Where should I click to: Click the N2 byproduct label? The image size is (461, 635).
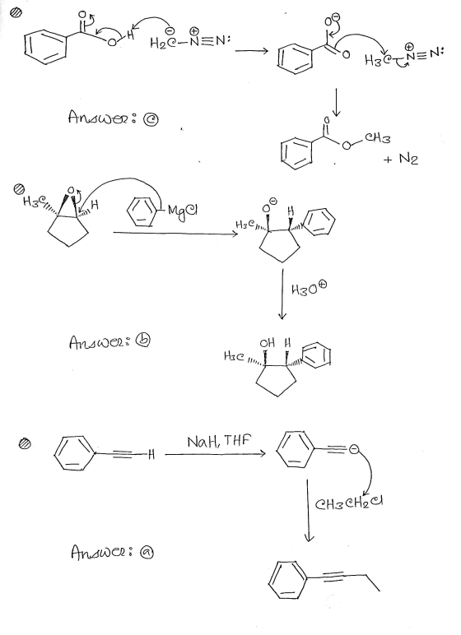(x=407, y=159)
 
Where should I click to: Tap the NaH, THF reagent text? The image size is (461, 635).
(x=219, y=441)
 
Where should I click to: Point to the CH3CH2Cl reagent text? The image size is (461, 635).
(x=349, y=503)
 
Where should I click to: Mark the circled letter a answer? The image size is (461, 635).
(x=147, y=553)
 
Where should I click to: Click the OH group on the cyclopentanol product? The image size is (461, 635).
(x=268, y=343)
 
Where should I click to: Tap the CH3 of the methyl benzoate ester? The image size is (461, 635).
(x=377, y=138)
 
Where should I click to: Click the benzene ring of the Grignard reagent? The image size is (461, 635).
(x=142, y=210)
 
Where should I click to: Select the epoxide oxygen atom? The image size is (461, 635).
(x=71, y=189)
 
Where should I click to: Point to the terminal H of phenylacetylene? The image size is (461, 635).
(x=151, y=454)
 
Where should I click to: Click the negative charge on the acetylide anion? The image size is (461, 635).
(x=354, y=449)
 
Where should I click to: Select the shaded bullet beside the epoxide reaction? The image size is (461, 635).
(x=19, y=188)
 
